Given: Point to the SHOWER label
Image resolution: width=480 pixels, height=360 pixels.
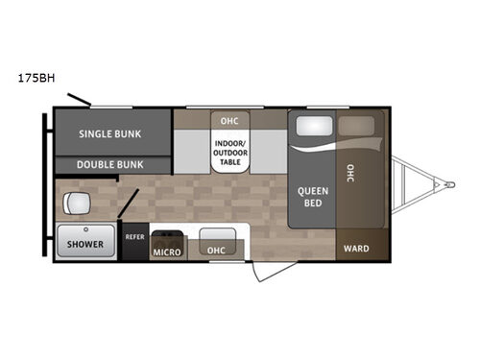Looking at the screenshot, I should pyautogui.click(x=85, y=245).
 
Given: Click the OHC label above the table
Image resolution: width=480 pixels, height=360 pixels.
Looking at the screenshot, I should pyautogui.click(x=229, y=122).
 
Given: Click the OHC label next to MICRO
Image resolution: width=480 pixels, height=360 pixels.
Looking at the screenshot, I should pyautogui.click(x=218, y=251).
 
